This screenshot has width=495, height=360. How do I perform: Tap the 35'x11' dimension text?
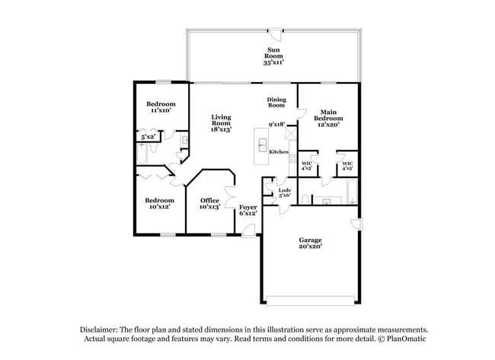coord(273,63)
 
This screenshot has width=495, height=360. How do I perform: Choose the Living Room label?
coord(221,120)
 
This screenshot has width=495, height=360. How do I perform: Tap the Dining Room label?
coord(276,102)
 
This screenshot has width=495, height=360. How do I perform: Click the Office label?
coord(209,200)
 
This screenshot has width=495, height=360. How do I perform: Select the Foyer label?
coord(248,207)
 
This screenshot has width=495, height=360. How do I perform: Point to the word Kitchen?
coord(279,152)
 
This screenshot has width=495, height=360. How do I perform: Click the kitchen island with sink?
coord(261,142)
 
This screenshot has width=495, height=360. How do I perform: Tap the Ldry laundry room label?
coord(285,190)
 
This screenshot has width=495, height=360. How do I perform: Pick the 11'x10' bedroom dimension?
coord(161,110)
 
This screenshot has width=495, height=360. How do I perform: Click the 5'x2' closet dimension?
coord(148,137)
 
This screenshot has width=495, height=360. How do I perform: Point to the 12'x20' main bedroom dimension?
coord(328,125)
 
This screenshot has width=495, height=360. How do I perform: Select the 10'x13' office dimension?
coord(209,207)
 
